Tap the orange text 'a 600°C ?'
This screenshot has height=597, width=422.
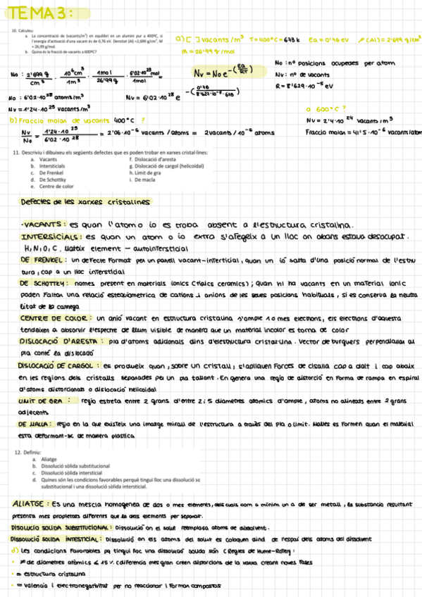pyautogui.click(x=326, y=110)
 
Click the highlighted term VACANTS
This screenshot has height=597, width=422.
pyautogui.click(x=44, y=225)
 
